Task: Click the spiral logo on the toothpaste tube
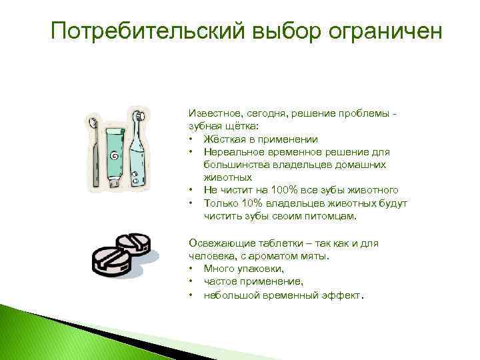tap(115, 156)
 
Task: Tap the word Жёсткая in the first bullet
tap(225, 139)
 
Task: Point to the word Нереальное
tap(233, 152)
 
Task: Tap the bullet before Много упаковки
tap(191, 269)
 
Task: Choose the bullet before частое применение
tap(191, 281)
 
